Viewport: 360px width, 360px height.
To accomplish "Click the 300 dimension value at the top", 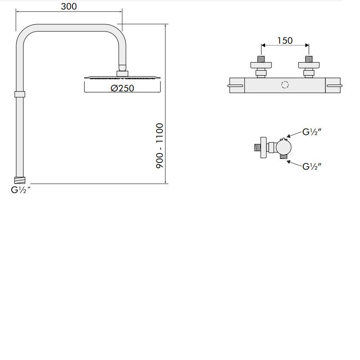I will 69,6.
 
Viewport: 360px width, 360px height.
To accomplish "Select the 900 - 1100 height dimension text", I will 160,146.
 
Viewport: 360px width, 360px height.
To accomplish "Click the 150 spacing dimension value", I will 284,40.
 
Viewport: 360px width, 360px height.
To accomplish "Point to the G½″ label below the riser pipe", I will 21,190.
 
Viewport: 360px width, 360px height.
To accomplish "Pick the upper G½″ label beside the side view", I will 311,132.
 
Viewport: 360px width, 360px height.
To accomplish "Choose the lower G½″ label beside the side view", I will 311,166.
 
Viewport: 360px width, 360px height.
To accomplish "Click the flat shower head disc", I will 122,78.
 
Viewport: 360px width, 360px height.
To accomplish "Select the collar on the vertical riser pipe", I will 19,94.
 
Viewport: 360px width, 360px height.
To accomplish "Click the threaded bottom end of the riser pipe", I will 19,180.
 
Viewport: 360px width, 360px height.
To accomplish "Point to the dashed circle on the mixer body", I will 285,85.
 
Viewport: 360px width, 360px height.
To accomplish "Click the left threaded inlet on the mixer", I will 261,59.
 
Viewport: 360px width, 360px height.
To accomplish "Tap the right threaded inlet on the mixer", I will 309,59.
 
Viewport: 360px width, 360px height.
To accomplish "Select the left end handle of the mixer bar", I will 236,85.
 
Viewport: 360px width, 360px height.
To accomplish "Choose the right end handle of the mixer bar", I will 334,85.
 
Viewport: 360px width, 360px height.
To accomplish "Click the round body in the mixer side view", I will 284,147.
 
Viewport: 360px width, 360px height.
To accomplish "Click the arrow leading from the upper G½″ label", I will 294,135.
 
